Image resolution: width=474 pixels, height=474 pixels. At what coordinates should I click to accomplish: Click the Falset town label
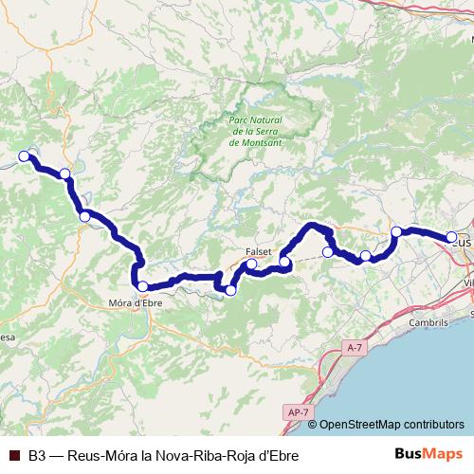(x=259, y=251)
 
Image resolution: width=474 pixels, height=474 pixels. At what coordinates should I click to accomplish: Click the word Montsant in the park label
(x=249, y=142)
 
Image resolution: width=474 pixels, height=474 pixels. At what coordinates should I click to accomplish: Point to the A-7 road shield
(x=355, y=348)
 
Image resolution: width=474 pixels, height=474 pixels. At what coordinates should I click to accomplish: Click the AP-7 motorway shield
(x=296, y=411)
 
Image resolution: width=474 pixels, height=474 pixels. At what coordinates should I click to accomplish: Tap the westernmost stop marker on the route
(x=25, y=157)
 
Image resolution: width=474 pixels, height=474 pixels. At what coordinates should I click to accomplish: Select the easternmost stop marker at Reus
(x=452, y=238)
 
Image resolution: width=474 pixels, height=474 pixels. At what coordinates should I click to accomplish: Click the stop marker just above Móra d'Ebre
(x=142, y=285)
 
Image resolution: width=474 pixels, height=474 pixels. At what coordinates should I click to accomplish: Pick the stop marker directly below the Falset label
(x=252, y=264)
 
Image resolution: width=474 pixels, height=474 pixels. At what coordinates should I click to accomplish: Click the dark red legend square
(x=14, y=456)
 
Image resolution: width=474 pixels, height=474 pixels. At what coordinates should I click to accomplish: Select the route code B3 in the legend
(x=37, y=456)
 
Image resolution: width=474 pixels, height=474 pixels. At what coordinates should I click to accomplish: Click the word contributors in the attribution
(x=436, y=425)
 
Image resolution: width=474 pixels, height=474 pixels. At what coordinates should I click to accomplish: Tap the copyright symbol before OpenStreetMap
(x=314, y=425)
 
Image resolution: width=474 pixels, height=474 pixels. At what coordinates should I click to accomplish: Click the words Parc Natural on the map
(x=250, y=120)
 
